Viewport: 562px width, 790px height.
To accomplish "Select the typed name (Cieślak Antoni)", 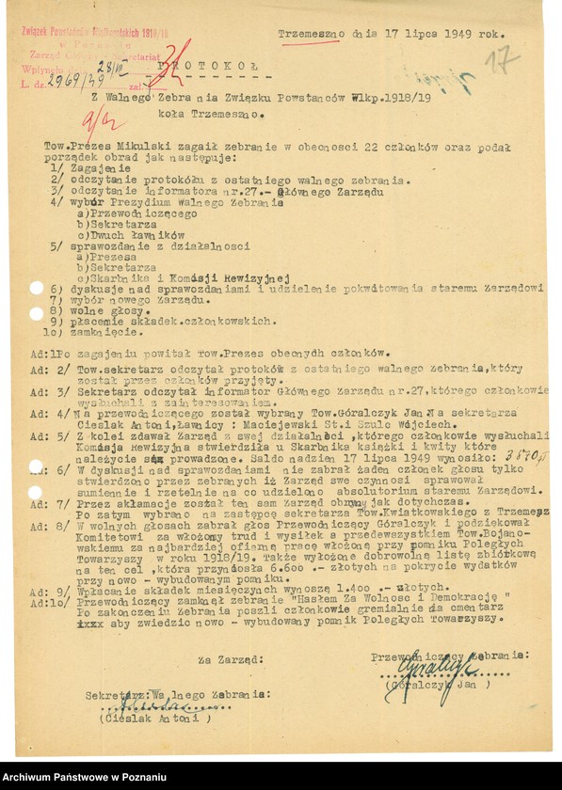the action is pyautogui.click(x=156, y=718).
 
